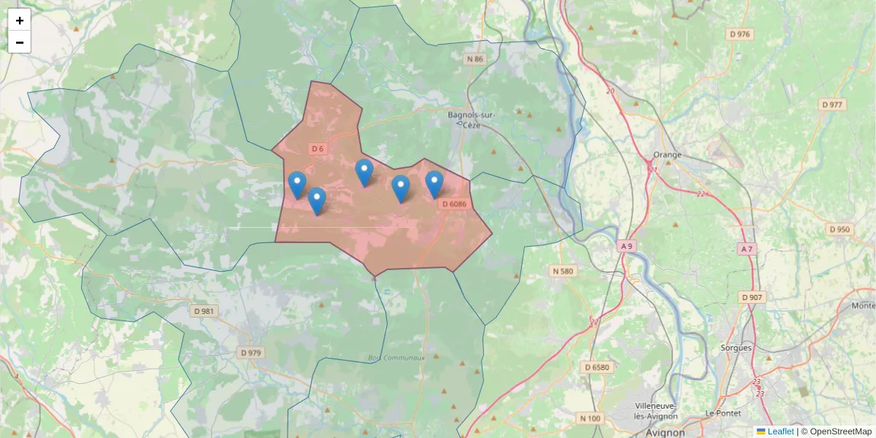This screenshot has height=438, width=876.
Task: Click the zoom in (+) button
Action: click(x=20, y=20)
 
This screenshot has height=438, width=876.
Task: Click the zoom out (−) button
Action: click(x=20, y=42)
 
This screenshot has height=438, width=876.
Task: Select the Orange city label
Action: click(x=666, y=154)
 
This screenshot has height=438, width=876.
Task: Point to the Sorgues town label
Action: click(x=736, y=347)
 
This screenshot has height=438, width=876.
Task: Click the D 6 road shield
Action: click(x=317, y=149)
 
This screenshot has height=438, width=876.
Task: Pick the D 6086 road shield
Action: click(x=453, y=204)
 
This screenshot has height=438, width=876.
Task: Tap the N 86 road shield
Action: click(x=474, y=59)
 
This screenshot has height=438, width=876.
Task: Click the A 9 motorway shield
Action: click(x=626, y=246)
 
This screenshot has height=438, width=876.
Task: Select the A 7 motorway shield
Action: click(x=746, y=249)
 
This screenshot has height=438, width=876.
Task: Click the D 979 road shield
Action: click(x=250, y=353)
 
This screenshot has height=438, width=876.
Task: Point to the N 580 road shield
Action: click(x=562, y=272)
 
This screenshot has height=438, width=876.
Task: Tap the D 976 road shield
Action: click(x=739, y=34)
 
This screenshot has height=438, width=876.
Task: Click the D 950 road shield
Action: click(x=839, y=229)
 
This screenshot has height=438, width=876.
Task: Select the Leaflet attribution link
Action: click(x=780, y=431)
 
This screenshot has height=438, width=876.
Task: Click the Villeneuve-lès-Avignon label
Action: click(x=656, y=411)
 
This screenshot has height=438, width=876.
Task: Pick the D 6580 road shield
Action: click(x=596, y=366)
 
